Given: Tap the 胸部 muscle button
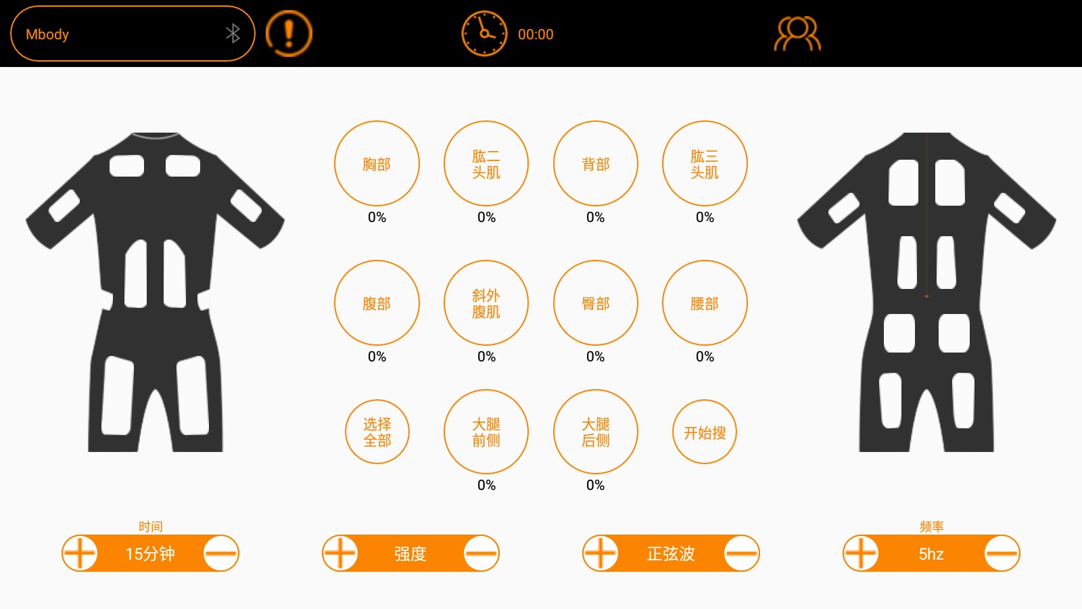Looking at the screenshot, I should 377,164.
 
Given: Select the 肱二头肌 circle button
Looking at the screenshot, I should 486,164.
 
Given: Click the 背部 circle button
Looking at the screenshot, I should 596,164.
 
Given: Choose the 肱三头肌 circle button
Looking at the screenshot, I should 705,164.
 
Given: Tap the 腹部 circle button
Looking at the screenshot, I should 377,303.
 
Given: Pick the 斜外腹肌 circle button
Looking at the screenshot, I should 486,303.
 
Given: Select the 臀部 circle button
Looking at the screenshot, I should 596,303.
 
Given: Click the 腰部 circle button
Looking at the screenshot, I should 705,303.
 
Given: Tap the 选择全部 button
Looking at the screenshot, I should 377,432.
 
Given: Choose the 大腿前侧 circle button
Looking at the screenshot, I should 486,432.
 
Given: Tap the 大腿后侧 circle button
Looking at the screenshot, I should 596,432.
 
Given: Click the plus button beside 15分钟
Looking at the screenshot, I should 80,554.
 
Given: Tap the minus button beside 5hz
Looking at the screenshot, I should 1002,554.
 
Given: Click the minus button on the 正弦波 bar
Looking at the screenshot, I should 742,554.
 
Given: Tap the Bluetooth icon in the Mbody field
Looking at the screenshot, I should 233,33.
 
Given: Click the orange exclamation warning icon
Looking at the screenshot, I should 289,33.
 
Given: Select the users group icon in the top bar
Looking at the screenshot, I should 797,34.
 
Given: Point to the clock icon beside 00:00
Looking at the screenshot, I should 484,33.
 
